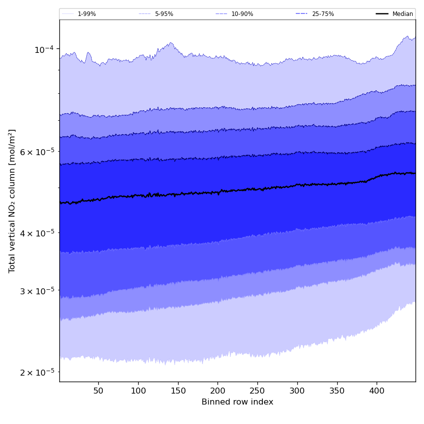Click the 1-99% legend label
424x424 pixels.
click(x=87, y=14)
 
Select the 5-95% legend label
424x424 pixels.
click(x=164, y=14)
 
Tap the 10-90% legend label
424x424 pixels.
click(x=242, y=14)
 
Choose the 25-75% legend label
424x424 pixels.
click(x=323, y=14)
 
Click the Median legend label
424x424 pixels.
click(x=403, y=14)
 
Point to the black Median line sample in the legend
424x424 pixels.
click(x=382, y=14)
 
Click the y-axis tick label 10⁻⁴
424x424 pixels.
click(x=44, y=49)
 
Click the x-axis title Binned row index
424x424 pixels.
click(x=237, y=402)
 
